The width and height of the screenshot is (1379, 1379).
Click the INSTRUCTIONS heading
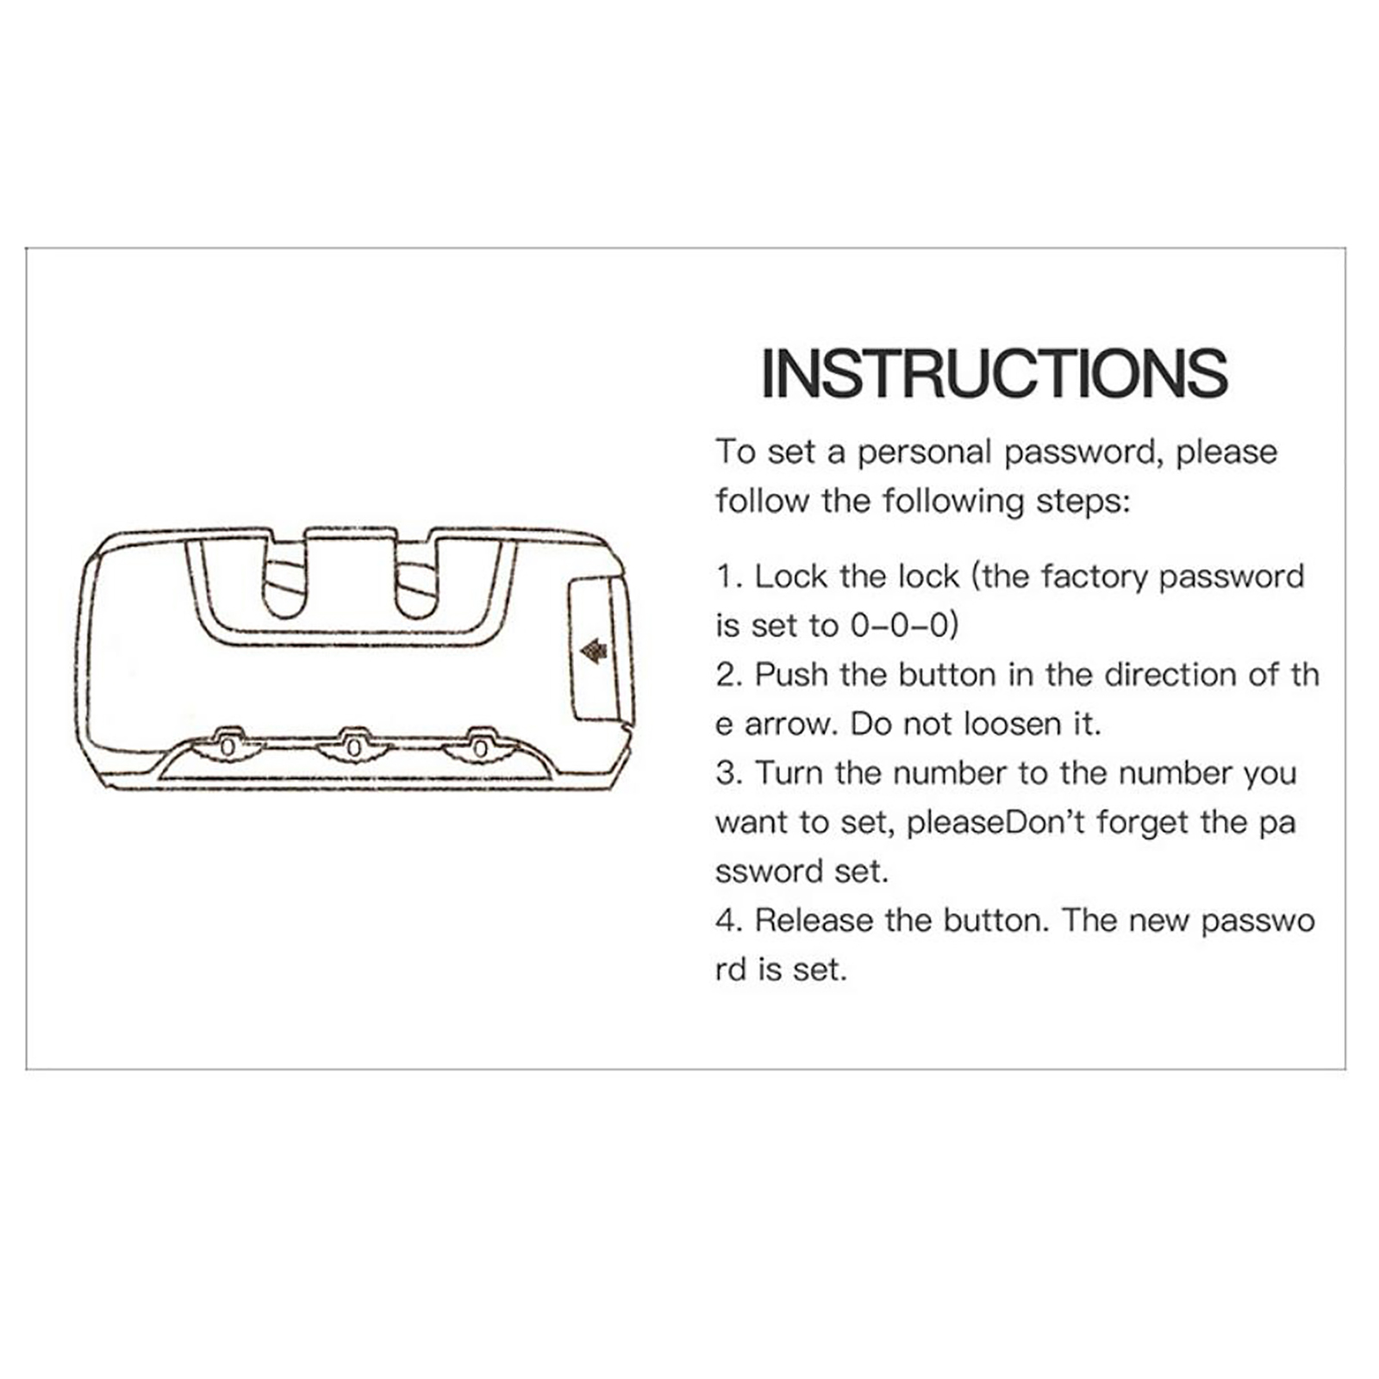tap(995, 372)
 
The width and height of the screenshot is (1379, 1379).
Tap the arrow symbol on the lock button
tap(593, 651)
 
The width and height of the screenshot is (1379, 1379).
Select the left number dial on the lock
tap(227, 746)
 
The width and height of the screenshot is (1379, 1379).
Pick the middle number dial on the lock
tap(353, 746)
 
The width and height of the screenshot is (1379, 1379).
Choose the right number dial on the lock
tap(480, 746)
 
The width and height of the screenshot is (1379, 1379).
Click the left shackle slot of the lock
tap(284, 590)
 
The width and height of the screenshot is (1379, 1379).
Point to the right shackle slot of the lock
tap(416, 590)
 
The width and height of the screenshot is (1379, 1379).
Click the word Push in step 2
tap(792, 675)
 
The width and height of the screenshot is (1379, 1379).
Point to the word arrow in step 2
tap(790, 725)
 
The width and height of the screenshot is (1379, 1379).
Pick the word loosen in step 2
tap(1013, 724)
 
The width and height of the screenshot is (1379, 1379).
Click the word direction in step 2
tap(1170, 675)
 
